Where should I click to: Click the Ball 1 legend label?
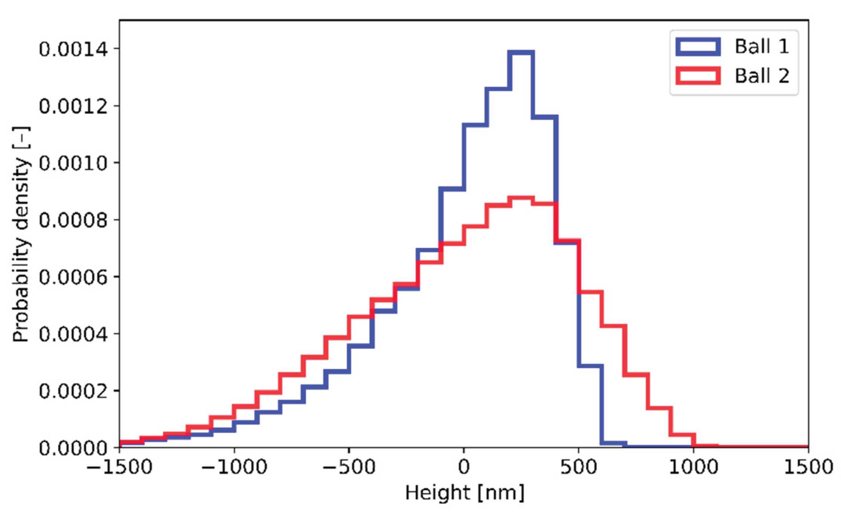tap(762, 47)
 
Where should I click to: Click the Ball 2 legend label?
tap(762, 76)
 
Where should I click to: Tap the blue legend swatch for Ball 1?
tap(698, 47)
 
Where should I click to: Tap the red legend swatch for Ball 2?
tap(698, 76)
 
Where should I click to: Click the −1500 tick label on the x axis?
tap(119, 467)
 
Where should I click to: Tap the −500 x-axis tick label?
tap(349, 467)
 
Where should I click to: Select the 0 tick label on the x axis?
tap(464, 467)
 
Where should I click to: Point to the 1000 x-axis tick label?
tap(693, 467)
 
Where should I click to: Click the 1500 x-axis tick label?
tap(808, 467)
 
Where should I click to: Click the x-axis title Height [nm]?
tap(464, 493)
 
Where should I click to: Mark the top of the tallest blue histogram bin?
tap(521, 52)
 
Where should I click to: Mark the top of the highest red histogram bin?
tap(521, 198)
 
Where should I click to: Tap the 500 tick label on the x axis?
tap(578, 467)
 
